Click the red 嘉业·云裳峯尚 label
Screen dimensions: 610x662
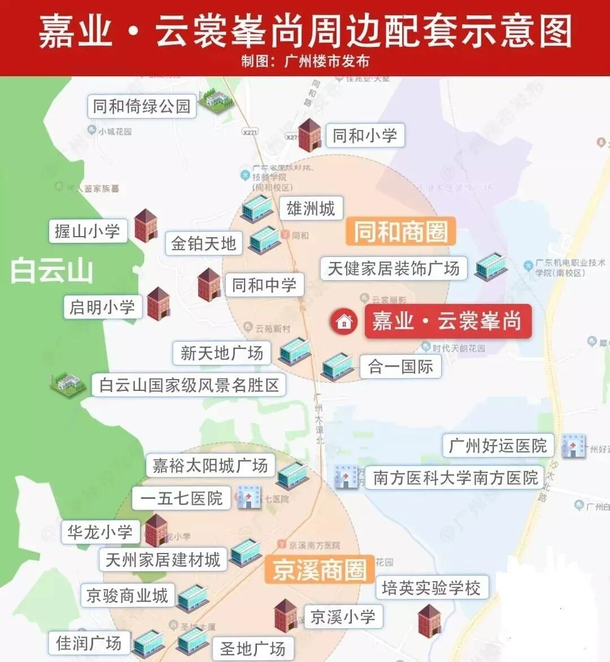click(x=447, y=321)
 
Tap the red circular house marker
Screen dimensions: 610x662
click(x=343, y=321)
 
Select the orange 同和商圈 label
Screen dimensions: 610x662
click(x=400, y=232)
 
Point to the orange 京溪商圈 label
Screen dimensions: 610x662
click(x=320, y=569)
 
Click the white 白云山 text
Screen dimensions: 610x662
click(x=52, y=271)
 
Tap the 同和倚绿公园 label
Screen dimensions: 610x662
click(x=142, y=106)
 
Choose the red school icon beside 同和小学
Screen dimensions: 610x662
click(x=309, y=135)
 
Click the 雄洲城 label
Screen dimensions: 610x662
click(x=311, y=209)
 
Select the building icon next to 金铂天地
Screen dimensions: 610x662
click(x=264, y=239)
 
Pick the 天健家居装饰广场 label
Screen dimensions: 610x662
click(x=394, y=268)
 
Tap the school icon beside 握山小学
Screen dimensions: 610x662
click(x=145, y=225)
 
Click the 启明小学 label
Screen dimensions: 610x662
click(x=102, y=307)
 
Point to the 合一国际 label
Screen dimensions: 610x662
click(x=400, y=367)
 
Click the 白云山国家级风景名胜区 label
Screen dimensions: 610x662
click(x=189, y=385)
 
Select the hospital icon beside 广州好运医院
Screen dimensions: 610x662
click(x=573, y=446)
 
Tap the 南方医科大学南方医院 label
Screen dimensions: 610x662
click(x=455, y=478)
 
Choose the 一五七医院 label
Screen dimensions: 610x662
click(x=181, y=498)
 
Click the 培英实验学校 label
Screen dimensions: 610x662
click(x=431, y=588)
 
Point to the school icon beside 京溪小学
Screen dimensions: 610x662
click(x=285, y=615)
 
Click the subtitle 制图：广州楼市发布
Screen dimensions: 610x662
click(x=305, y=61)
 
